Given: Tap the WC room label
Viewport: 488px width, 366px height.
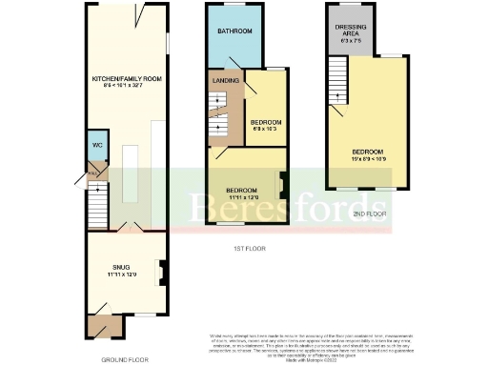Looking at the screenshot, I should pyautogui.click(x=97, y=145).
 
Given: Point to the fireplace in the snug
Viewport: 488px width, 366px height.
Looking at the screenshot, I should pyautogui.click(x=160, y=274).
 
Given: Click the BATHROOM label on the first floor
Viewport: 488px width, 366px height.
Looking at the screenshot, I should pyautogui.click(x=234, y=31).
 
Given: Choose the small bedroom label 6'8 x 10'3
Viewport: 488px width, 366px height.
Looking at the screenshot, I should pyautogui.click(x=266, y=130).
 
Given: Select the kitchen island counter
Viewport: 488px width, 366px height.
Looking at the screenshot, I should pyautogui.click(x=130, y=172).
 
